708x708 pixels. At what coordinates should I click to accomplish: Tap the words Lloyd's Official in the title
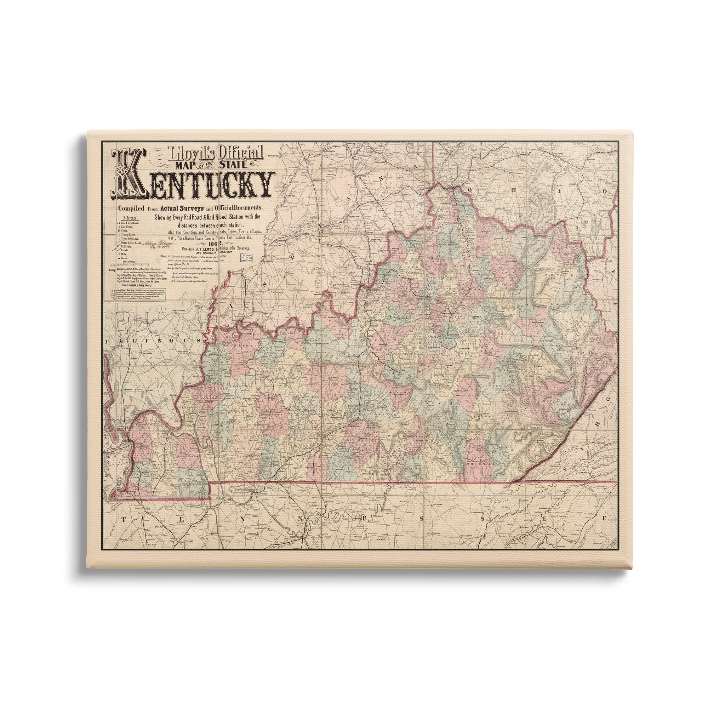[215, 153]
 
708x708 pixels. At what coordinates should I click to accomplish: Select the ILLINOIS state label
[154, 341]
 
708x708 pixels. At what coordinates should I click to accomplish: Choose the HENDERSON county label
[242, 346]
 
